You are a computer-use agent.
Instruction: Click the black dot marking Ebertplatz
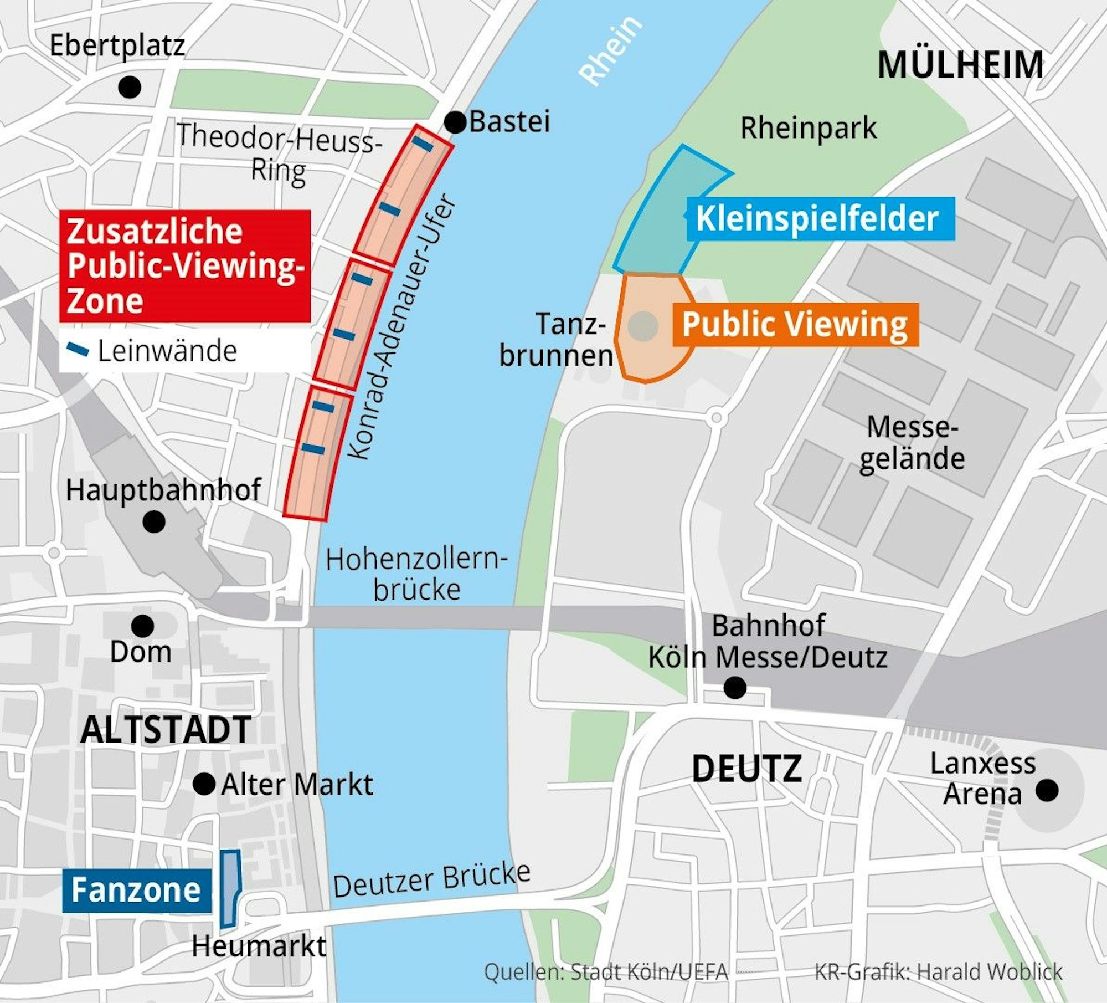click(130, 87)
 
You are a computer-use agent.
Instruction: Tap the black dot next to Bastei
click(455, 122)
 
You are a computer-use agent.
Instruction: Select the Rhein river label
click(610, 50)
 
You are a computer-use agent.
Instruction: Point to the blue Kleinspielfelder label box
click(820, 218)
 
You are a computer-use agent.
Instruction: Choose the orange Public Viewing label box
click(795, 324)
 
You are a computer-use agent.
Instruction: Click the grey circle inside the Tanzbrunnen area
click(643, 326)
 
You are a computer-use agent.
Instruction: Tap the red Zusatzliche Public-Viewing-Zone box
click(184, 266)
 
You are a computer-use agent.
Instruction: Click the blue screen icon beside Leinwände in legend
click(78, 350)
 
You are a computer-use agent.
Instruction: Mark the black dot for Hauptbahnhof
click(153, 521)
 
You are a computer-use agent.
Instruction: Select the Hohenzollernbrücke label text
click(416, 574)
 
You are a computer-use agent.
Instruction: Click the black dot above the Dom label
click(142, 626)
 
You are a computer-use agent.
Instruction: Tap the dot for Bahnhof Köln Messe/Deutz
click(735, 688)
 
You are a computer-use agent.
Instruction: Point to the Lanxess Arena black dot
click(1047, 790)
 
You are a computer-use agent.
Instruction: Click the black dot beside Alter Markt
click(204, 784)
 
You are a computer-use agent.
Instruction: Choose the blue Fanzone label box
click(136, 891)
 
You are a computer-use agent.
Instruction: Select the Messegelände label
click(912, 443)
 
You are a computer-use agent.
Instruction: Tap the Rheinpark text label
click(809, 128)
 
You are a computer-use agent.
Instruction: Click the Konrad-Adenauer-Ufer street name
click(402, 327)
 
